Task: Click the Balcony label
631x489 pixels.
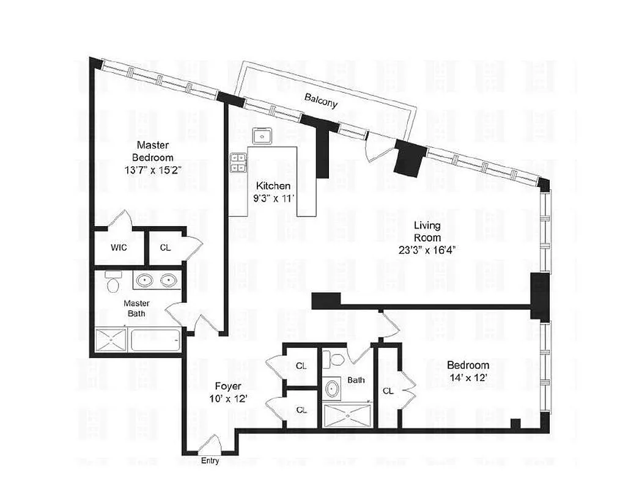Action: [321, 100]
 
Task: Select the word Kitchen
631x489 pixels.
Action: [273, 186]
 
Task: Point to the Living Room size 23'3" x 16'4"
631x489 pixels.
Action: [427, 249]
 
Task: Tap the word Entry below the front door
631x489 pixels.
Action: [210, 461]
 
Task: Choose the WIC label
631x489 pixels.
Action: [119, 248]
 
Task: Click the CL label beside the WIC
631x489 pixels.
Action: [165, 248]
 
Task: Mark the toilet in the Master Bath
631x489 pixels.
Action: [111, 283]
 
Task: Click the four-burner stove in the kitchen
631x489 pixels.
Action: [237, 162]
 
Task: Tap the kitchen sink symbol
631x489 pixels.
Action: [264, 135]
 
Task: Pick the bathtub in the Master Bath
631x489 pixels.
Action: [155, 340]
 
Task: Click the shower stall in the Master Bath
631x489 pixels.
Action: [111, 340]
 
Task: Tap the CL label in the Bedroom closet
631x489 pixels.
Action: [388, 390]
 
